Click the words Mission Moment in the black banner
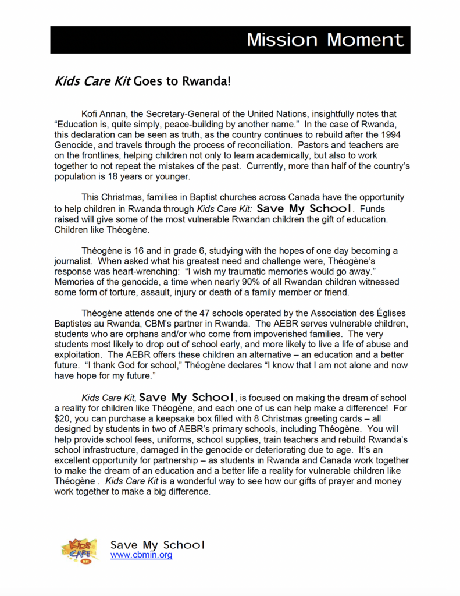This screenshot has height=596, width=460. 325,40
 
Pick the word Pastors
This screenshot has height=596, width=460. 304,146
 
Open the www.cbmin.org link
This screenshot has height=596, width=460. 141,555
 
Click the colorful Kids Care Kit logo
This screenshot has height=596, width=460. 80,550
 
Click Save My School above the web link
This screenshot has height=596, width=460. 158,545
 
